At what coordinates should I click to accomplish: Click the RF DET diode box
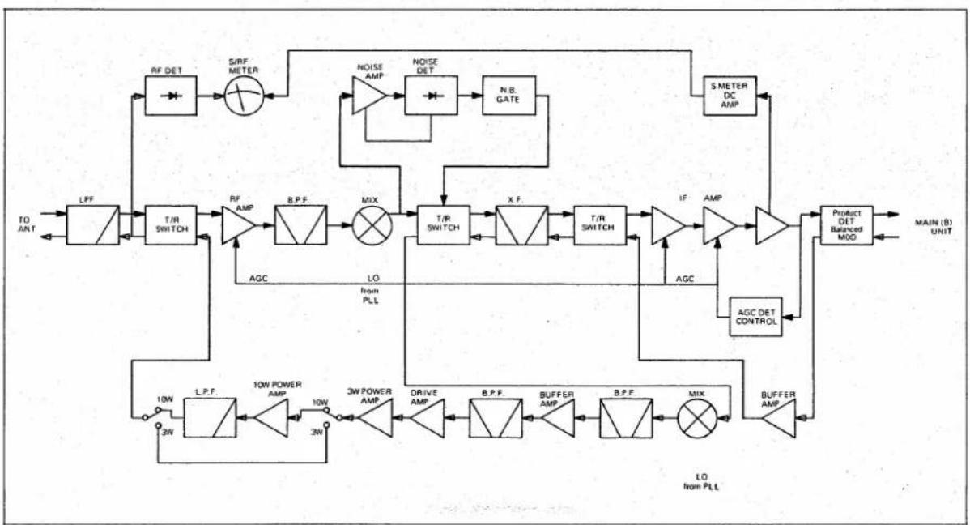click(171, 96)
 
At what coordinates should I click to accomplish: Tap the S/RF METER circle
click(244, 96)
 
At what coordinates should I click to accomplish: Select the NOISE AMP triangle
click(369, 96)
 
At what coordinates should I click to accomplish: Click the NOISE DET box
click(432, 96)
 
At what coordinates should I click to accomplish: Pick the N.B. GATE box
click(509, 96)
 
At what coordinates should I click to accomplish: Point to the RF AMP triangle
click(238, 225)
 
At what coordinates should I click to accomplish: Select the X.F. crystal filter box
click(521, 225)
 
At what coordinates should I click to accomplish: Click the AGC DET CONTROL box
click(755, 317)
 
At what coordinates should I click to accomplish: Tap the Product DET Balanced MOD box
click(846, 225)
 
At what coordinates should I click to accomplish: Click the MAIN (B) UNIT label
click(934, 227)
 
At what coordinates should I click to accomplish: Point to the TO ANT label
click(28, 224)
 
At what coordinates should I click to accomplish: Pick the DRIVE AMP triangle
click(427, 418)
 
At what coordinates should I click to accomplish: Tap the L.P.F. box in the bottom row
click(211, 418)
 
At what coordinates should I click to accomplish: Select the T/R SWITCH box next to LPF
click(171, 225)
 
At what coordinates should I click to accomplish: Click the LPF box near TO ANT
click(93, 225)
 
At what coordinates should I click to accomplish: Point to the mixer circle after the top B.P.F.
click(372, 225)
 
